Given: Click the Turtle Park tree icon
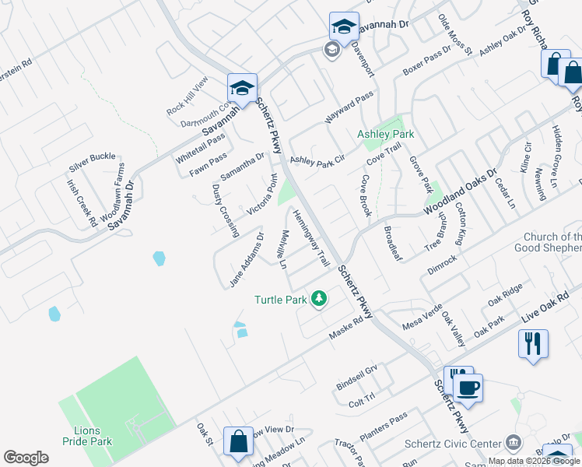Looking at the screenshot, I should [318, 298].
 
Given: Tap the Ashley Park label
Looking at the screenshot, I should [385, 134].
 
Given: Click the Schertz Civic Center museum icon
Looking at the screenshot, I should [513, 443].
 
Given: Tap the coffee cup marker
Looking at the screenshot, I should [468, 388].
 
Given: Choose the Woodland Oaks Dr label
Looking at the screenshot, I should [460, 193].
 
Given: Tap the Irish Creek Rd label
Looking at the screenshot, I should [82, 203].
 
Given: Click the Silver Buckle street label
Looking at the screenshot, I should [92, 162].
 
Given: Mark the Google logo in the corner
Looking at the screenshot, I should [26, 458].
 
